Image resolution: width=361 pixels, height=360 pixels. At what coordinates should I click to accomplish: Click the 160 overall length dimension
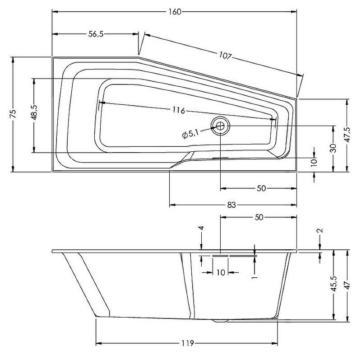click(175, 12)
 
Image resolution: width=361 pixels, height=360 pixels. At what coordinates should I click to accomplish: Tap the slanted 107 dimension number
click(226, 56)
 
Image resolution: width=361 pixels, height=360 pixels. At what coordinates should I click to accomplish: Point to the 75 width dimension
click(13, 114)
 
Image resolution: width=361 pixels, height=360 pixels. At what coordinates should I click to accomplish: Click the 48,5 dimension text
click(34, 114)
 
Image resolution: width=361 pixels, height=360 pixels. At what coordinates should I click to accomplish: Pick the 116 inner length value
click(179, 110)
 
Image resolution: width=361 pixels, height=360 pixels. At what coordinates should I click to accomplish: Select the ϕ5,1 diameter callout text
click(190, 133)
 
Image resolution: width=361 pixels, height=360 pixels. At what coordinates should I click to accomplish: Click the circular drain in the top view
click(220, 126)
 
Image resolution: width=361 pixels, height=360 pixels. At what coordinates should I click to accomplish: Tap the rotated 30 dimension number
click(333, 148)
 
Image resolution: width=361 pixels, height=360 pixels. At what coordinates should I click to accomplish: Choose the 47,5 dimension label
click(347, 135)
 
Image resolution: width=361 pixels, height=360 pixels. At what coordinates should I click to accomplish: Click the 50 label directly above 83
click(261, 188)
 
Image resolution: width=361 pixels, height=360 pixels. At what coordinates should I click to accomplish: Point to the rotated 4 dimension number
click(202, 228)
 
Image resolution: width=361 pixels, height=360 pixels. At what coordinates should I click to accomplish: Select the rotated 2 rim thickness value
click(320, 231)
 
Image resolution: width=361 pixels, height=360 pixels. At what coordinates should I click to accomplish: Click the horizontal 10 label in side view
click(221, 272)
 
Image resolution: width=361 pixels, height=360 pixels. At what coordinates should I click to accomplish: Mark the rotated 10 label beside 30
click(314, 162)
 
